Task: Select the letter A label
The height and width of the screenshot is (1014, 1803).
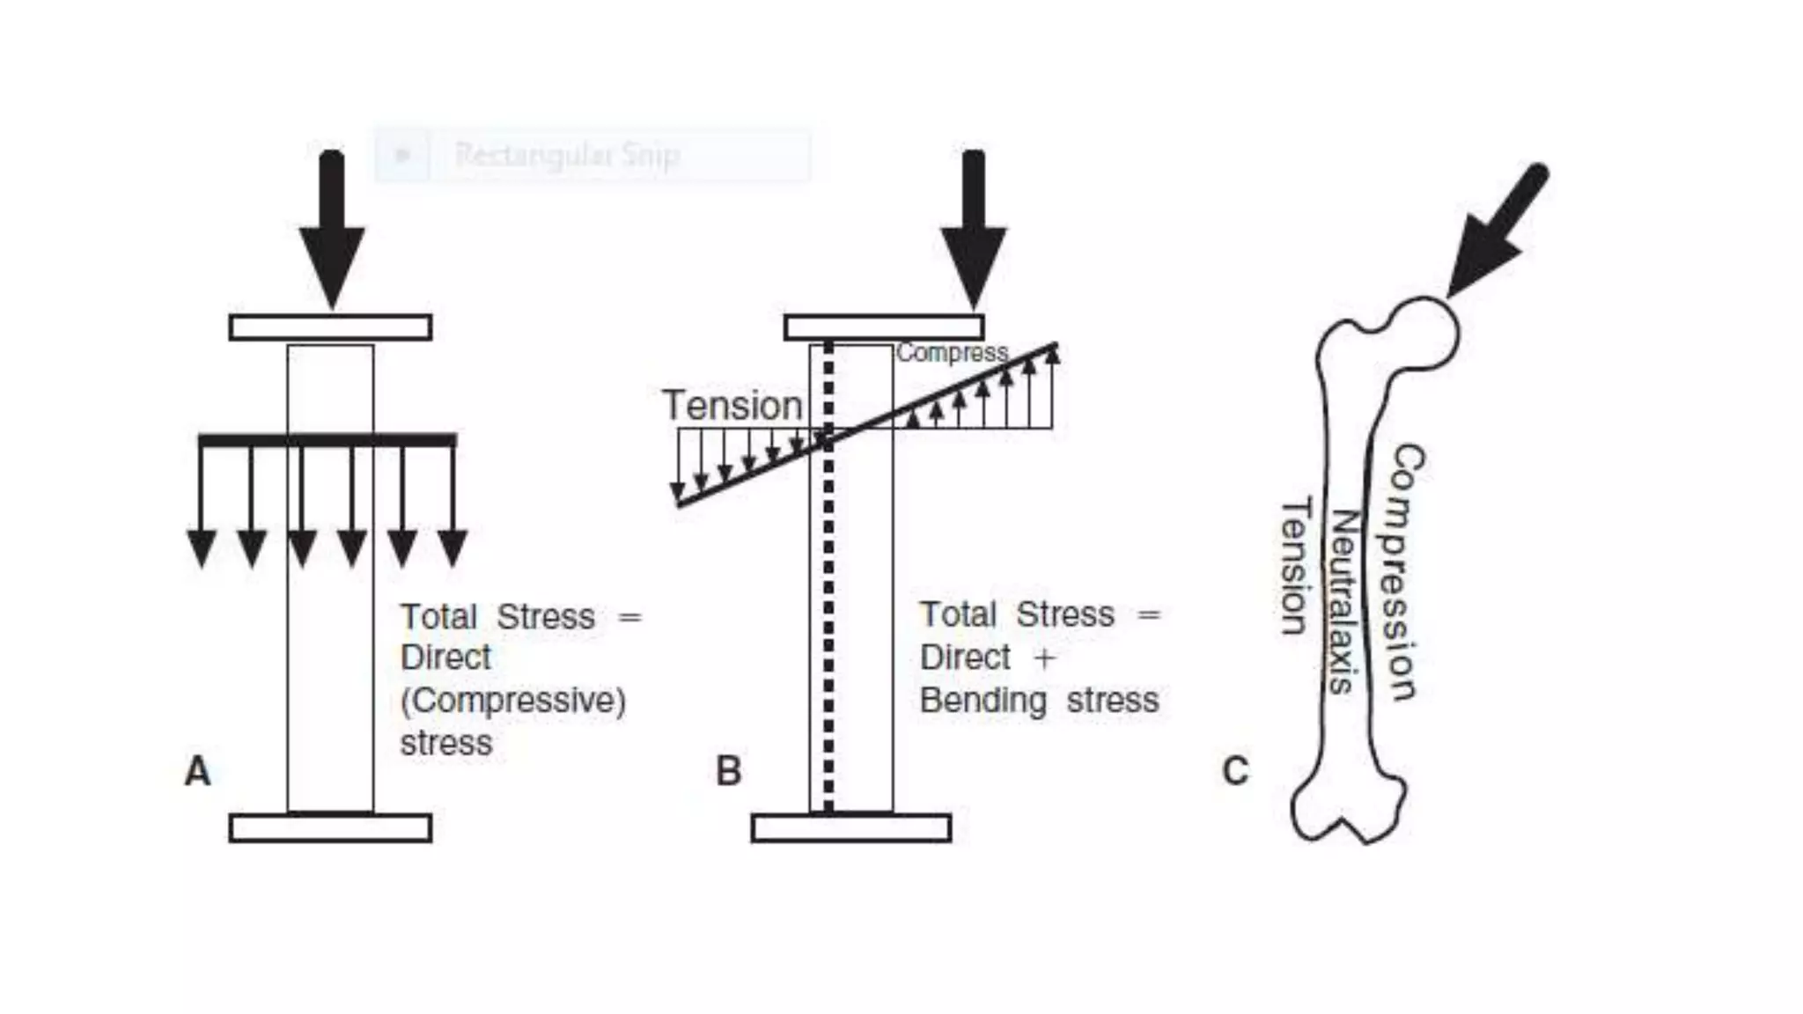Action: coord(198,771)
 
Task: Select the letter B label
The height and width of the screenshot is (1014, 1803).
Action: coord(729,771)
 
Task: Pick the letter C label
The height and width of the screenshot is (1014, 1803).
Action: coord(1235,771)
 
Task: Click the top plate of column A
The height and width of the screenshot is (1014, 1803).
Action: coord(330,327)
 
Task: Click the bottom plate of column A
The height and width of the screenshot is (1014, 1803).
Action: coord(330,828)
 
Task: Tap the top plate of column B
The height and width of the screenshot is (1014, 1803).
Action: coord(884,327)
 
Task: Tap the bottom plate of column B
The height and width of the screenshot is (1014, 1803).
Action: coord(851,828)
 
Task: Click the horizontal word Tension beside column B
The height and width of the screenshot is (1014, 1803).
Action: coord(732,406)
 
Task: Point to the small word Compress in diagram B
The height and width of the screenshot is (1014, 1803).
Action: coord(952,353)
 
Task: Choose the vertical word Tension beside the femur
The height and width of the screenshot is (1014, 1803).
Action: coord(1295,565)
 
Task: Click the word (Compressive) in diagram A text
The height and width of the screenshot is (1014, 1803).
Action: coord(513,702)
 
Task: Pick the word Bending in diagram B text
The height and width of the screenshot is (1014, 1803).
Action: coord(983,701)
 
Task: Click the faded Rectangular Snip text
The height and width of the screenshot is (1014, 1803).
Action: coord(567,155)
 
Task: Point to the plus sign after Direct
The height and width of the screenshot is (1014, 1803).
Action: coord(1045,658)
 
